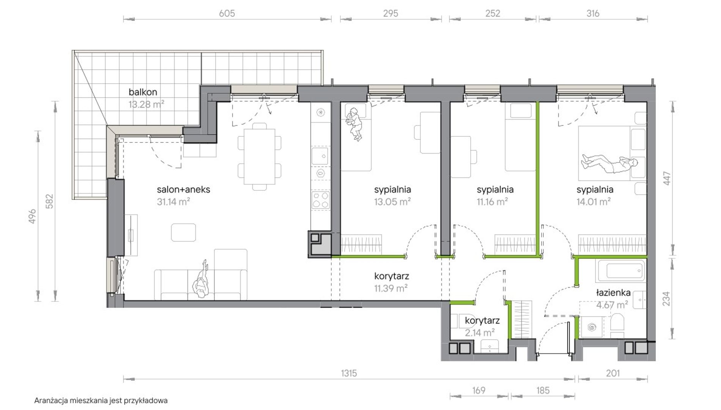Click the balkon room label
143,92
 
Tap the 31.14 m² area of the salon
173,202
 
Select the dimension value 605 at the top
227,13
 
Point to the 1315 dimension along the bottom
349,374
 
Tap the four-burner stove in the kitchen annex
321,199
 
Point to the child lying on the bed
354,124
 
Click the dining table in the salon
260,157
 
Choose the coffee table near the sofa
183,232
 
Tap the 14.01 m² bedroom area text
593,202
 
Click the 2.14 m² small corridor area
480,333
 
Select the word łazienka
613,293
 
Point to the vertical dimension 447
667,178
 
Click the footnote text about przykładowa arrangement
101,401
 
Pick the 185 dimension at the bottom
543,390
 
